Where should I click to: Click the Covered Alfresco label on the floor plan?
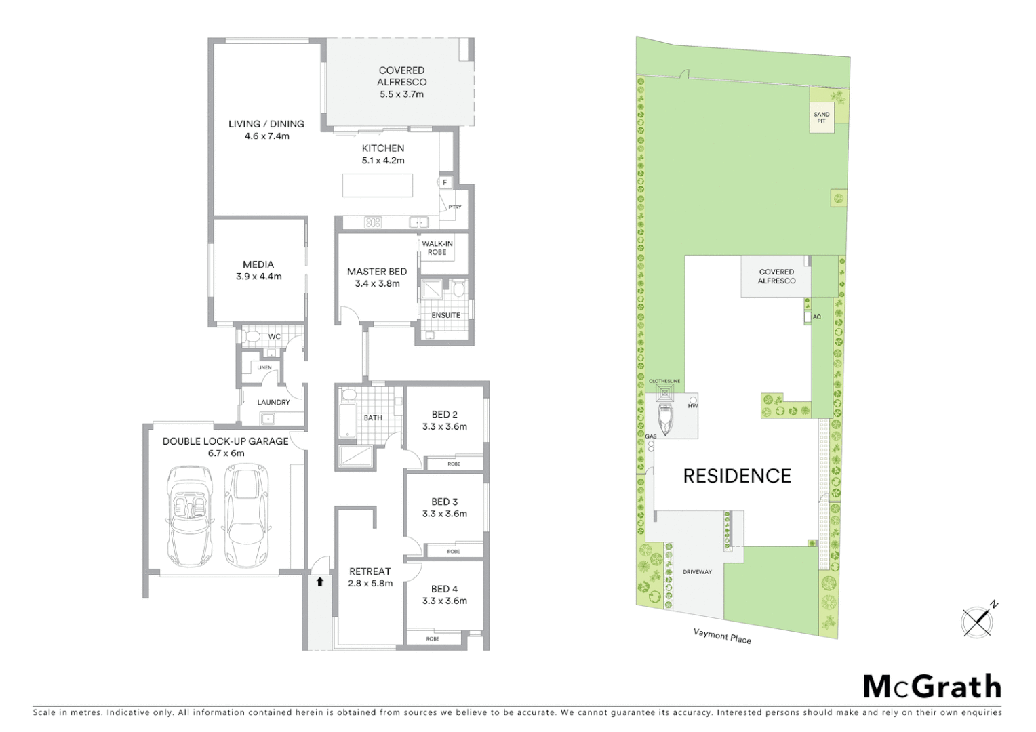click(x=401, y=76)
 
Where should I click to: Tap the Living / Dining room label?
click(x=266, y=124)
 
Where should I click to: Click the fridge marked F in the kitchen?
click(x=445, y=182)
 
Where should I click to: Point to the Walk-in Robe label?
click(x=437, y=247)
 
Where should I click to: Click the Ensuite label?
click(x=445, y=315)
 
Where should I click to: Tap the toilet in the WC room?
click(x=252, y=336)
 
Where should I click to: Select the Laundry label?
click(x=273, y=402)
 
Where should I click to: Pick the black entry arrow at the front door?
click(x=320, y=582)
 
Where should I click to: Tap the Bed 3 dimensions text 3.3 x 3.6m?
click(x=444, y=514)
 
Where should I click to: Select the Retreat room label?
click(x=370, y=571)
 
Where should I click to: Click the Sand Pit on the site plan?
click(x=821, y=118)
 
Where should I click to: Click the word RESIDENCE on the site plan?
click(x=737, y=476)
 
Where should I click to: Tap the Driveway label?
click(x=697, y=572)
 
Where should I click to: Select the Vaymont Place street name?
click(x=722, y=636)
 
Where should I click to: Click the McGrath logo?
click(x=932, y=687)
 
